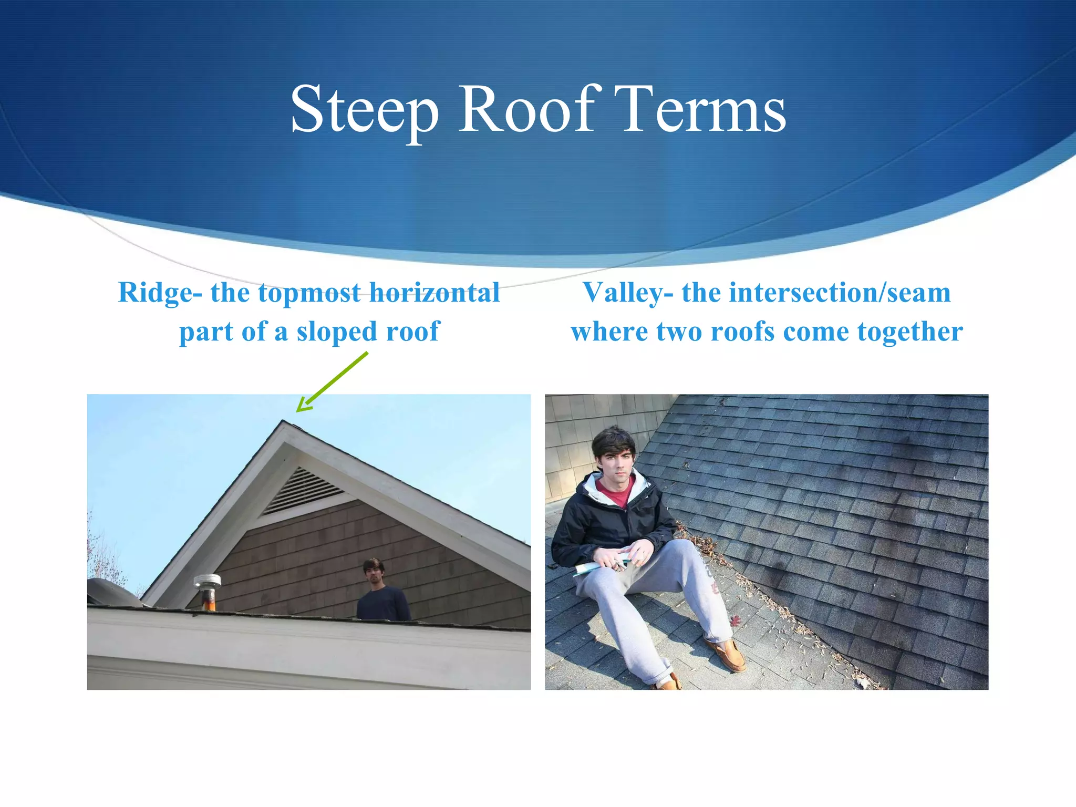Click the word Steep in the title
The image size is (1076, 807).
pyautogui.click(x=364, y=110)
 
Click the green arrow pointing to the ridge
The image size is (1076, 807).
pyautogui.click(x=333, y=382)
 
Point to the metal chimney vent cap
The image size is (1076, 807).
pyautogui.click(x=208, y=582)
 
